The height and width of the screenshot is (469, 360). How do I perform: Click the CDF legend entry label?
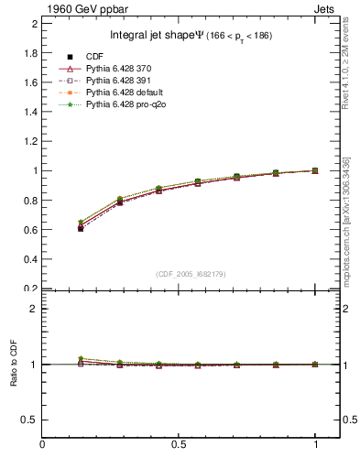(x=96, y=57)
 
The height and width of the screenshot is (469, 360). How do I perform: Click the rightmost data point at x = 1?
(x=315, y=170)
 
